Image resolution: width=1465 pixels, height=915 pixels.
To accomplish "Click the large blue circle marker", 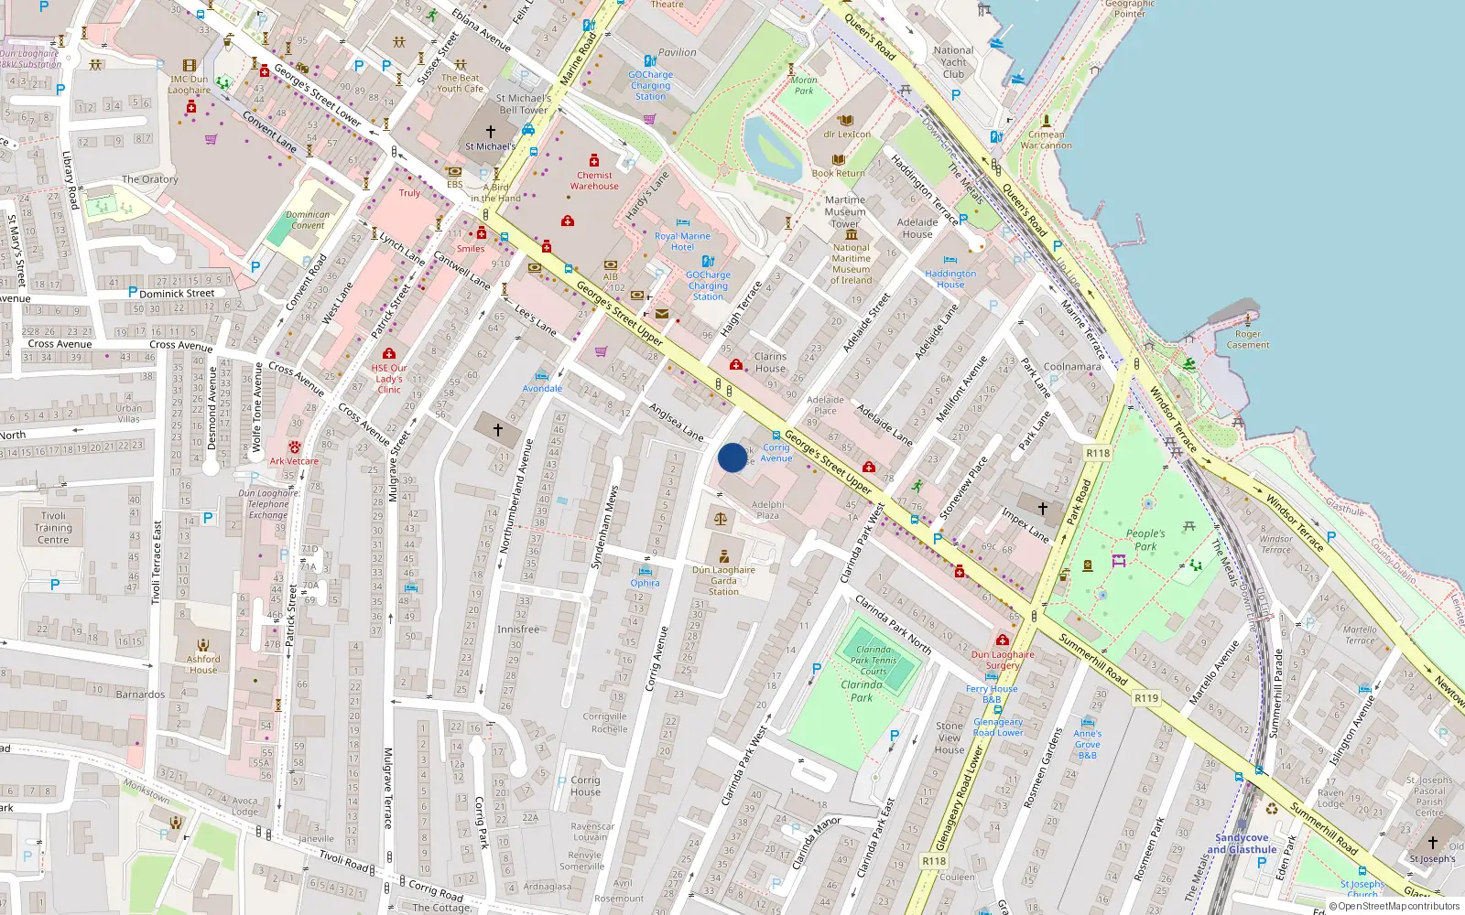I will pyautogui.click(x=732, y=457).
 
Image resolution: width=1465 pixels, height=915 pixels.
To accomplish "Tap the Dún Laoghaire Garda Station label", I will pyautogui.click(x=723, y=580).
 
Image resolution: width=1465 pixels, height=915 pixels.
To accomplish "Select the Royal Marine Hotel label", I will pyautogui.click(x=682, y=242).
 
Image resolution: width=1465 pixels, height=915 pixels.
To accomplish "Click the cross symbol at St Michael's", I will pyautogui.click(x=491, y=132).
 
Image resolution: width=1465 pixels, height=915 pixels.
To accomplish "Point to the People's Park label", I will pyautogui.click(x=1145, y=540).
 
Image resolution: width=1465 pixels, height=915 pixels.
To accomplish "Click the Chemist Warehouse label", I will pyautogui.click(x=594, y=180).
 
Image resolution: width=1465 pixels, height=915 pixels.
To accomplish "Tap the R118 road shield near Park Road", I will pyautogui.click(x=1097, y=453).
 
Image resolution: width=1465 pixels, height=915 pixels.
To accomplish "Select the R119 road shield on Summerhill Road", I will pyautogui.click(x=1145, y=698).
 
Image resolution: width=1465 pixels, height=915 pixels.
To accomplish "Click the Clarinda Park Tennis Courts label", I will pyautogui.click(x=874, y=661).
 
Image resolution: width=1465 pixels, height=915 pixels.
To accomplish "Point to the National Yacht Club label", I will pyautogui.click(x=953, y=62).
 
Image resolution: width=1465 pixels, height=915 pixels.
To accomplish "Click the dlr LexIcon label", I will pyautogui.click(x=847, y=135).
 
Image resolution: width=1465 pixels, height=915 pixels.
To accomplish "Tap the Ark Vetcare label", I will pyautogui.click(x=294, y=461).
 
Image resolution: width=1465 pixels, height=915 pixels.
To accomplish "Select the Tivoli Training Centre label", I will pyautogui.click(x=53, y=528).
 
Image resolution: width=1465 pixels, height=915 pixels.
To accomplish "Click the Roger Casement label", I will pyautogui.click(x=1247, y=339).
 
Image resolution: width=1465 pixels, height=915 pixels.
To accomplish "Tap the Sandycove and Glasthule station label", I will pyautogui.click(x=1242, y=844).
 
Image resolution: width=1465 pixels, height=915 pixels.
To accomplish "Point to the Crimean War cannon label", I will pyautogui.click(x=1046, y=140).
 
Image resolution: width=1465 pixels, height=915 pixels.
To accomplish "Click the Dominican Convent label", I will pyautogui.click(x=308, y=220).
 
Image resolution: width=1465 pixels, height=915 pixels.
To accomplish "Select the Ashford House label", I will pyautogui.click(x=203, y=664).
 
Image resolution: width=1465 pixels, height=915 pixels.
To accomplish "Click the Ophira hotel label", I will pyautogui.click(x=645, y=583).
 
